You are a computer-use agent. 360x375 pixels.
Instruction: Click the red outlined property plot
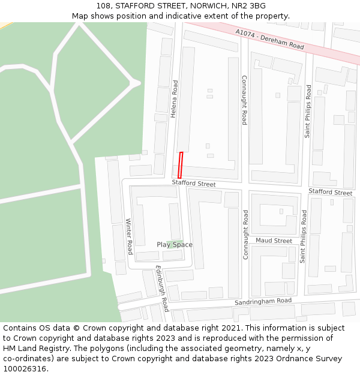tap(180, 165)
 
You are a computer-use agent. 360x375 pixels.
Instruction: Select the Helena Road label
tap(175, 99)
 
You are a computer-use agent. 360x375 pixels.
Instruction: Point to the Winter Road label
tap(128, 236)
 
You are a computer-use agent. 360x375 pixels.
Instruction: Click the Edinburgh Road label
tap(162, 289)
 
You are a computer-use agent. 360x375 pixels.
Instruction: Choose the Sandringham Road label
tap(263, 301)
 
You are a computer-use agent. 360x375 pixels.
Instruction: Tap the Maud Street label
tap(274, 241)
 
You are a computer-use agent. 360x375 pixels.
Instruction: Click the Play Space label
tap(175, 245)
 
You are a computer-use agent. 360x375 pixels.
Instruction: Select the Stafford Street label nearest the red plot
tap(193, 183)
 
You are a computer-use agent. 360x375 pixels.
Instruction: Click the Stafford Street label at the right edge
tap(331, 192)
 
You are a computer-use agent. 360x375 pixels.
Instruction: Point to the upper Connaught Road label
tap(244, 100)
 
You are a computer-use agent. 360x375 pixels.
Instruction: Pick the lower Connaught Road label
tap(245, 234)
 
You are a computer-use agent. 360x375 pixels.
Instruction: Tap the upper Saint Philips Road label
tap(308, 111)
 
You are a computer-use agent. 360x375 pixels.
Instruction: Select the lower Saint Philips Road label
tap(303, 236)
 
